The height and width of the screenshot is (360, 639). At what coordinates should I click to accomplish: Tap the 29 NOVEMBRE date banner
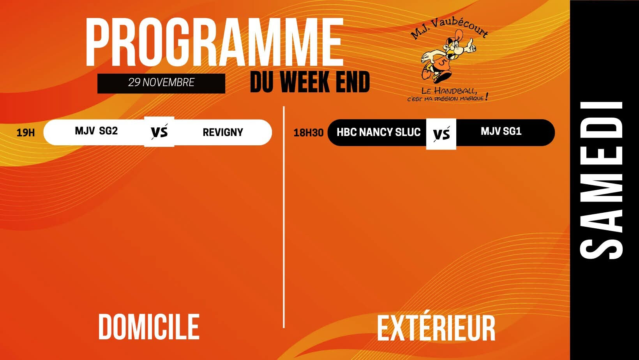161,83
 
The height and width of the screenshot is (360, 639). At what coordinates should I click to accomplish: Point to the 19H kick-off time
26,133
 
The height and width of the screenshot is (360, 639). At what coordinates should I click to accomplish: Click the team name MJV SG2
96,131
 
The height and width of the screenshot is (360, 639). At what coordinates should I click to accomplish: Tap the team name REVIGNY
223,132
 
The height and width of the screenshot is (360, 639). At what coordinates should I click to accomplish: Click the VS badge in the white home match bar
159,132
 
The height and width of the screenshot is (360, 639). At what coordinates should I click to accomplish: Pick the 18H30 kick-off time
308,133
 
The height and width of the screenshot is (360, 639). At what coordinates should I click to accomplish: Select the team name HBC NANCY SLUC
379,132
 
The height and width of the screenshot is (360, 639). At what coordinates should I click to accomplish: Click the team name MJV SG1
501,131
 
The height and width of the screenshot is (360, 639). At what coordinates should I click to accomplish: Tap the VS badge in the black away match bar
441,134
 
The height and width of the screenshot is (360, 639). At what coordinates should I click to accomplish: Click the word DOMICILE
148,327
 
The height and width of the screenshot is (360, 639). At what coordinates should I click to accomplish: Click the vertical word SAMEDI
602,180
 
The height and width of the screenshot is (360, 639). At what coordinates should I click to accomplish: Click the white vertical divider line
284,217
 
